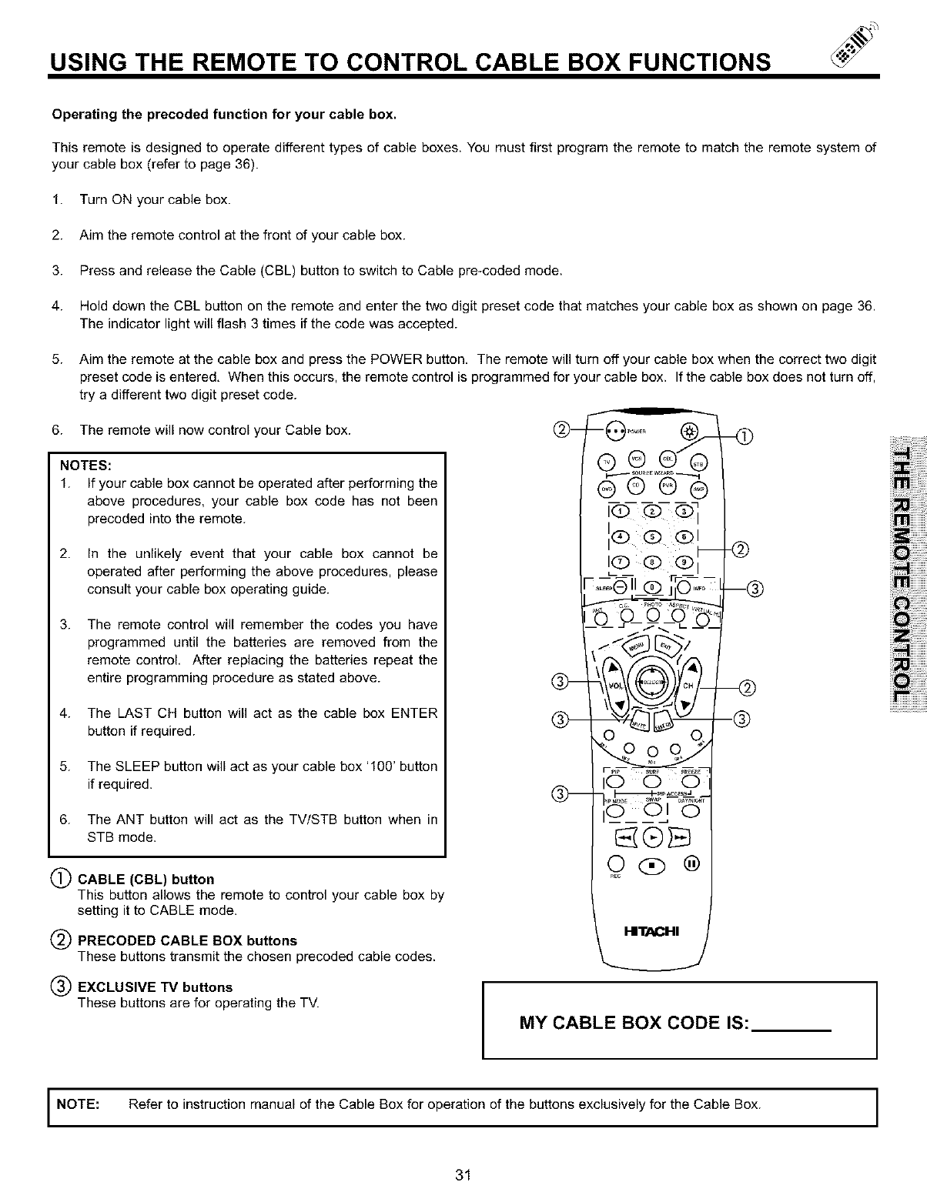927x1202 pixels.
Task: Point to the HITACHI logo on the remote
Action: (x=656, y=933)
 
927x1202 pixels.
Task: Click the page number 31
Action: (x=463, y=1174)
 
